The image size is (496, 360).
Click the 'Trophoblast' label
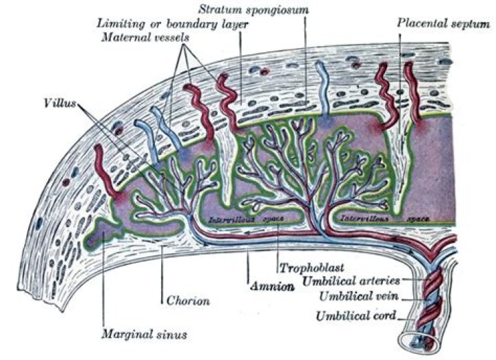click(x=308, y=266)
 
